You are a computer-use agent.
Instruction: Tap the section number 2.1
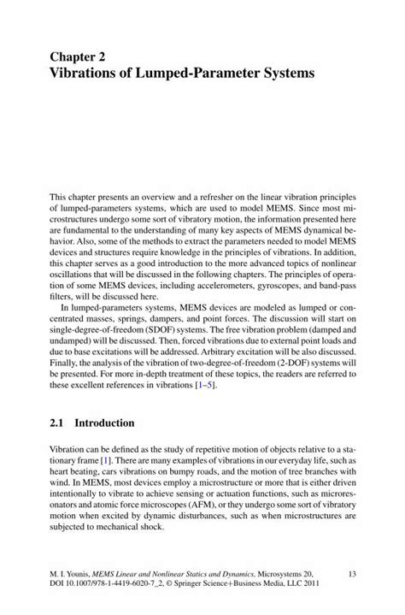tap(58, 423)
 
